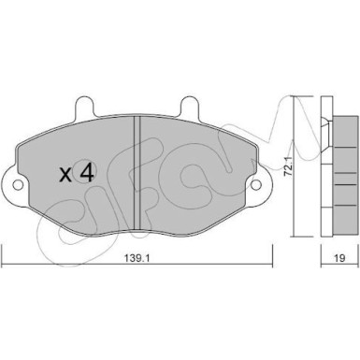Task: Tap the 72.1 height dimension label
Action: click(x=289, y=167)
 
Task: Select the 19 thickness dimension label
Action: click(x=339, y=258)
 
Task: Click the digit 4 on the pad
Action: click(x=86, y=171)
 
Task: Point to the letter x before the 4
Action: click(x=65, y=175)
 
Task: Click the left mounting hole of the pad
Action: click(x=19, y=185)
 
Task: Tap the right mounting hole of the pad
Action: click(x=255, y=185)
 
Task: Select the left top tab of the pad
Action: click(x=84, y=108)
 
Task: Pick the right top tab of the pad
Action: click(x=190, y=108)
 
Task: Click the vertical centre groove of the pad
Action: click(x=137, y=173)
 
